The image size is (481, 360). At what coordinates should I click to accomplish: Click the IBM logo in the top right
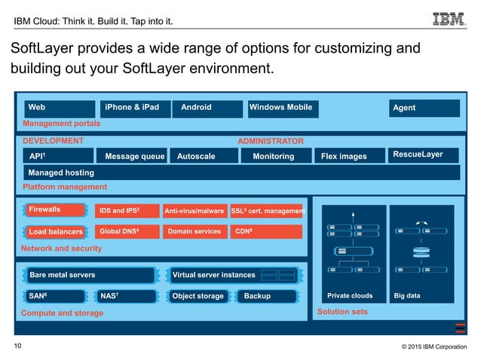pos(450,18)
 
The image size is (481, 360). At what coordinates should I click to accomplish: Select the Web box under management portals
pos(60,108)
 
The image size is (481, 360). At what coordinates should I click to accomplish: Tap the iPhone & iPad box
pos(133,108)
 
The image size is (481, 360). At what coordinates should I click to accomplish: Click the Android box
pos(207,108)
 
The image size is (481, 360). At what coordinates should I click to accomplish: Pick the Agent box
pos(424,108)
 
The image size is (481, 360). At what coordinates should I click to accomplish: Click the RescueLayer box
pos(424,155)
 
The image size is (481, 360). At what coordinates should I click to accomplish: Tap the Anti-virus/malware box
pos(195,212)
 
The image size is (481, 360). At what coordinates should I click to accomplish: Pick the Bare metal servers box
pos(90,275)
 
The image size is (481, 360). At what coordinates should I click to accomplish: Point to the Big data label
pos(408,296)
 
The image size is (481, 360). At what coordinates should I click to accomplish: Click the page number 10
pos(18,346)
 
